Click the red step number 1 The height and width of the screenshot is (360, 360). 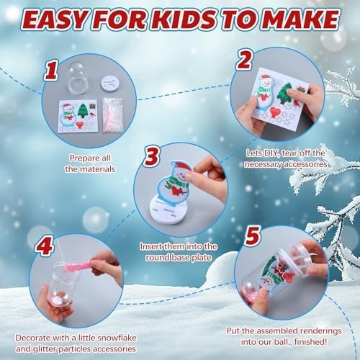tap(51, 70)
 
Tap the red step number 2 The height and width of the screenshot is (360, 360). tap(244, 60)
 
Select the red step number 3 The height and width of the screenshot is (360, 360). tap(152, 156)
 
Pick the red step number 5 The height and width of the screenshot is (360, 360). tap(252, 236)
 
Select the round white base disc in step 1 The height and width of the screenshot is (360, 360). tap(109, 84)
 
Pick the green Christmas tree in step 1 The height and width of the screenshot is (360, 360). tap(83, 111)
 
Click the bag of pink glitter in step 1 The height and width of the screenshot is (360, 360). tap(113, 114)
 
